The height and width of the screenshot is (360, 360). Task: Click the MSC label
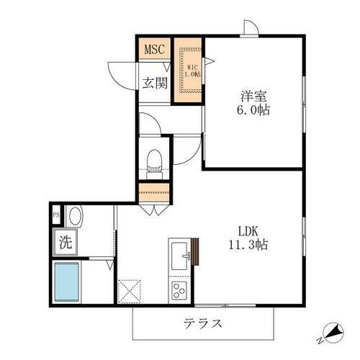click(x=155, y=50)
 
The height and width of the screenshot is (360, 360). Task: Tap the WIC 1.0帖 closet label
click(x=190, y=70)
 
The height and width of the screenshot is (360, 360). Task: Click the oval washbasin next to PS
click(x=75, y=215)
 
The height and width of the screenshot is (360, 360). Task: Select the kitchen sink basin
click(x=180, y=256)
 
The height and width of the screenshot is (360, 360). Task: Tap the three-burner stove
click(x=178, y=291)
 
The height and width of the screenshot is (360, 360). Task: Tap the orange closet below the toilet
click(x=154, y=193)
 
